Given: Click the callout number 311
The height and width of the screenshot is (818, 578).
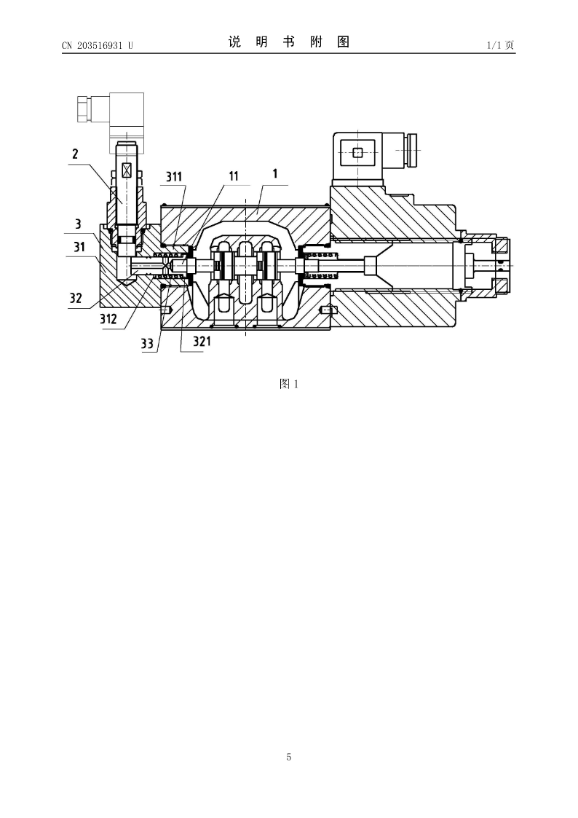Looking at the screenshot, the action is coord(174,176).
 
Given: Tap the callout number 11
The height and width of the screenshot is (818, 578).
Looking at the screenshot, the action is coord(234,176).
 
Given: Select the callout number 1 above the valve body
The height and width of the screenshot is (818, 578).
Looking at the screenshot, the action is coord(275,173).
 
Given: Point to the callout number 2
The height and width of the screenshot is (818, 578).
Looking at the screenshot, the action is coord(76,154).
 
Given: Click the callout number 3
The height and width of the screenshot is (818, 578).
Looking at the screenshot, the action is coord(78,224).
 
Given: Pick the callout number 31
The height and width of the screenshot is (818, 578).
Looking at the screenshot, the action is coord(79,246).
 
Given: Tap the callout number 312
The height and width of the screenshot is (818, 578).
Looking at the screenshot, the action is coord(108,318).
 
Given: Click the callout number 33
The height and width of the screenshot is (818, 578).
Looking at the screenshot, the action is coord(147,344).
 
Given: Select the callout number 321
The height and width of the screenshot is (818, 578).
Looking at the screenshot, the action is coord(202,341).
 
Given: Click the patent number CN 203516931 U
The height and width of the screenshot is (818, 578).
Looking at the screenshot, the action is coord(98,45).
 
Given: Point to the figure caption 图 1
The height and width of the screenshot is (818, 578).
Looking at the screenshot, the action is coord(289,384).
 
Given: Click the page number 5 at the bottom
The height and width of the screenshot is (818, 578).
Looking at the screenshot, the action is coord(289,757).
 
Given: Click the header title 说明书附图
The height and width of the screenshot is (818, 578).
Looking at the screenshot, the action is coord(289,42).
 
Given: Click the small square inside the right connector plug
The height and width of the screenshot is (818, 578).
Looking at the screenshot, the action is coord(357,152).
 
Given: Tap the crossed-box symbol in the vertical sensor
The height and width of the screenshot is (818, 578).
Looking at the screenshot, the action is coord(126,170).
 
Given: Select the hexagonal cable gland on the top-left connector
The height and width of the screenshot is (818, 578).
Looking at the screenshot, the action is coord(84,109).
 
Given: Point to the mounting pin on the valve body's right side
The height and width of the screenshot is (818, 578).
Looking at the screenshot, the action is coord(328,310).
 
